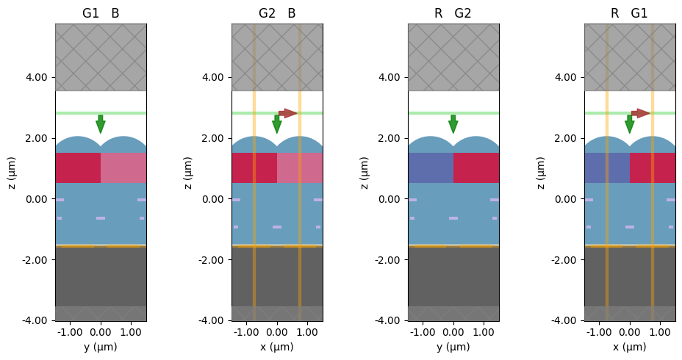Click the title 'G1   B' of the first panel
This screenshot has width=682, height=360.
pos(100,13)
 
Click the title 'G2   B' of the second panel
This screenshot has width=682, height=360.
pos(277,13)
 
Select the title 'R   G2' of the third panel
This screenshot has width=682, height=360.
pos(453,13)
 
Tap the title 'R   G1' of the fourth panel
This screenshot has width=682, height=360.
pos(630,13)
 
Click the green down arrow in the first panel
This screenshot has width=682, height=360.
pos(101,124)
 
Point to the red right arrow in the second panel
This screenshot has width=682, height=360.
pos(288,113)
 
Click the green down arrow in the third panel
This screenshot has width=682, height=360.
pos(453,124)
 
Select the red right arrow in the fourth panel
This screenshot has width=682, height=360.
pos(641,113)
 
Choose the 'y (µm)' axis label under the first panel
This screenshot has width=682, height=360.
pos(100,348)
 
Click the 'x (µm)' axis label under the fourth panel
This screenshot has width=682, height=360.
pos(630,348)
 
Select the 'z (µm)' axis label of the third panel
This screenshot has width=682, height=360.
pos(365,173)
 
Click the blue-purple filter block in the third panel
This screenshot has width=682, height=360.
pos(431,168)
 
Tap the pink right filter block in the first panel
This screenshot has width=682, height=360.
pos(123,168)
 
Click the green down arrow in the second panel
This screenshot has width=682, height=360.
pos(277,124)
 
